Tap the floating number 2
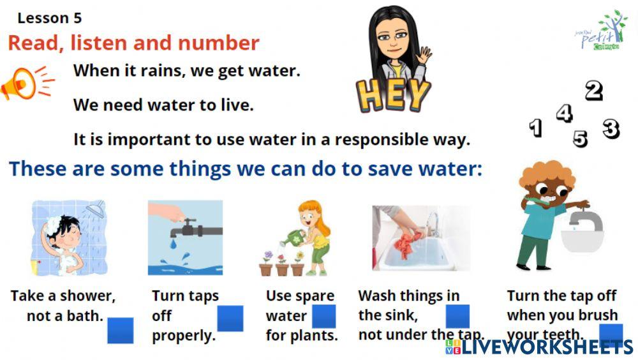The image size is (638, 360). click(594, 91)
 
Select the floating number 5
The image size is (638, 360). click(580, 138)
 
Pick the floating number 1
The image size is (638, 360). click(536, 128)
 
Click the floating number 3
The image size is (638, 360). click(611, 129)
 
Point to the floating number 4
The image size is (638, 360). click(564, 113)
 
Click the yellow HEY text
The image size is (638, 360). click(394, 94)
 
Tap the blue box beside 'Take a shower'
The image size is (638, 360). click(120, 331)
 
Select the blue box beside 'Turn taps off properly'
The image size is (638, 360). click(230, 319)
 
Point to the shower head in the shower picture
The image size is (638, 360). click(96, 209)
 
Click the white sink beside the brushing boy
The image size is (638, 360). click(582, 236)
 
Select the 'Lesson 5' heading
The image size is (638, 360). click(49, 18)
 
